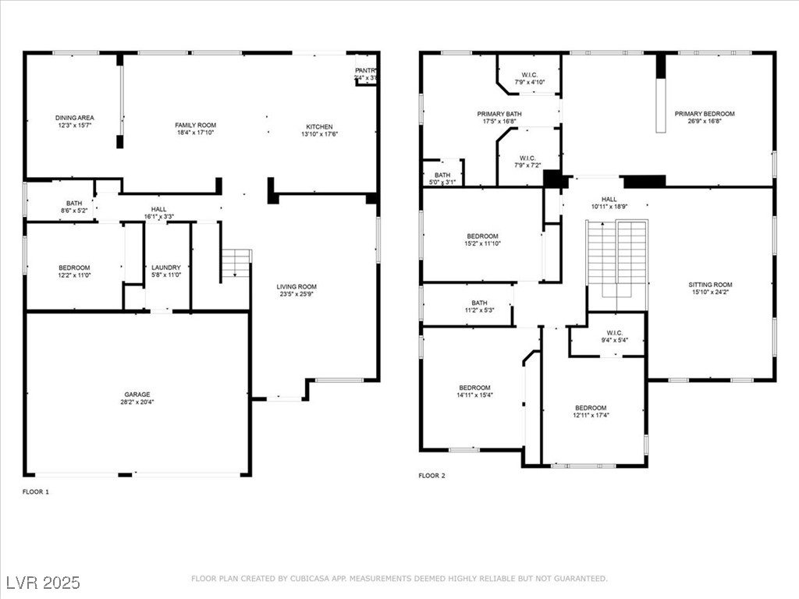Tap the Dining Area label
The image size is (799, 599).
[75, 118]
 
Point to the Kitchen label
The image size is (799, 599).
[319, 126]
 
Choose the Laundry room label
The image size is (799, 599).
[166, 268]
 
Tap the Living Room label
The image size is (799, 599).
[297, 287]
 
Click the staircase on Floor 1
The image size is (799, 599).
[236, 265]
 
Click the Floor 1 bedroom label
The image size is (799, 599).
[74, 268]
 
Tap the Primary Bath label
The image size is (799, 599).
[499, 114]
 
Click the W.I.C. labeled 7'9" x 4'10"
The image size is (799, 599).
[529, 78]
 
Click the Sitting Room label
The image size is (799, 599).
[710, 285]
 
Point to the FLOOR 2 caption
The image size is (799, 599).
[431, 475]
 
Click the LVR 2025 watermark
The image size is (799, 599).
[43, 583]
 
